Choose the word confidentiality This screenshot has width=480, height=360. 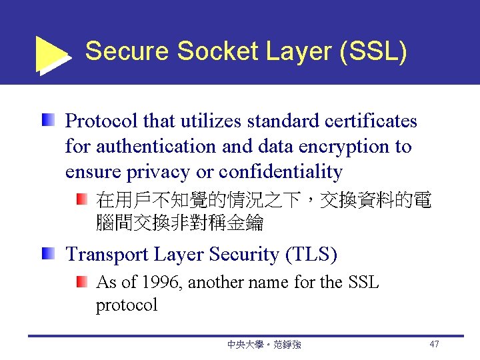point(281,172)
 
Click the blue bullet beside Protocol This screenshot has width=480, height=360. point(47,121)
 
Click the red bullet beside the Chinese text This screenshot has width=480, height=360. point(81,199)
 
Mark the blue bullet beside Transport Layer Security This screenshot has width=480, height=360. point(47,253)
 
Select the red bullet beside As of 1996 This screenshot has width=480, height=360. point(81,282)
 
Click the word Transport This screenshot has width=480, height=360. point(107,255)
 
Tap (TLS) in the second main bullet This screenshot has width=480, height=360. point(311,255)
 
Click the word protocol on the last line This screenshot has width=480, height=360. point(127,305)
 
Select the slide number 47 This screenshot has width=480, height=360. point(434,344)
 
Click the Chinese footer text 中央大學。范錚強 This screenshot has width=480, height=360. point(264,345)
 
